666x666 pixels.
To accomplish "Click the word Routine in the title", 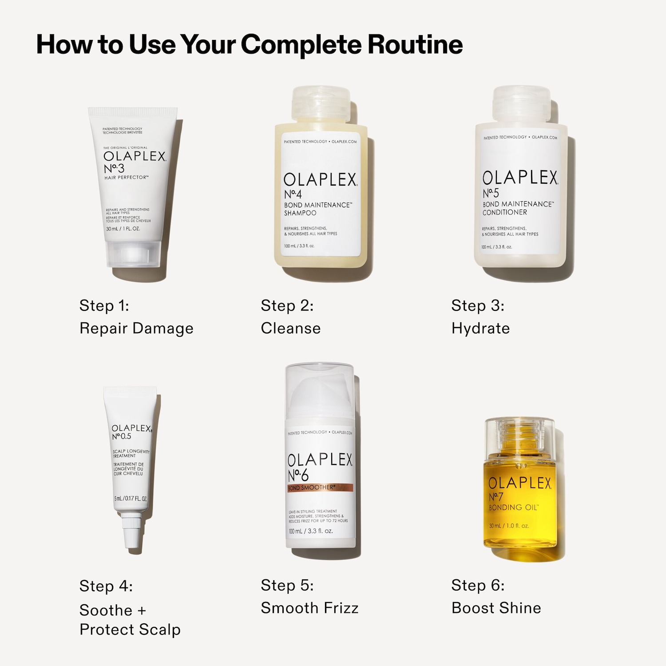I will click(415, 44).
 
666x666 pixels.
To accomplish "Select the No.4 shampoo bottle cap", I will click(321, 104).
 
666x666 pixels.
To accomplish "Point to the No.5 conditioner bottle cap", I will click(521, 104).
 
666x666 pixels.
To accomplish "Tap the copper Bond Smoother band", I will click(320, 488).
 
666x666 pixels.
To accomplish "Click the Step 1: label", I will click(104, 305).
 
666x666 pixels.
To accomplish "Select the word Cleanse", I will click(290, 328).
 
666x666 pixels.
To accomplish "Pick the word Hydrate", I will click(480, 328).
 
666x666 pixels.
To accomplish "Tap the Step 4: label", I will click(106, 586).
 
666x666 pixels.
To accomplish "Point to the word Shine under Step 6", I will click(522, 608).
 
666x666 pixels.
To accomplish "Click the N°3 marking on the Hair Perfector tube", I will click(114, 168).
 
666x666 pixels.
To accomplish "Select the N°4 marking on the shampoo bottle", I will click(293, 194).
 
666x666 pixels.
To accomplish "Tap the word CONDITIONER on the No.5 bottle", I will click(505, 212).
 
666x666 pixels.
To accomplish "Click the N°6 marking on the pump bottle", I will click(298, 476).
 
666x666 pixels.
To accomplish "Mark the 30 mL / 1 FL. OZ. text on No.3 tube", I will click(123, 229).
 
